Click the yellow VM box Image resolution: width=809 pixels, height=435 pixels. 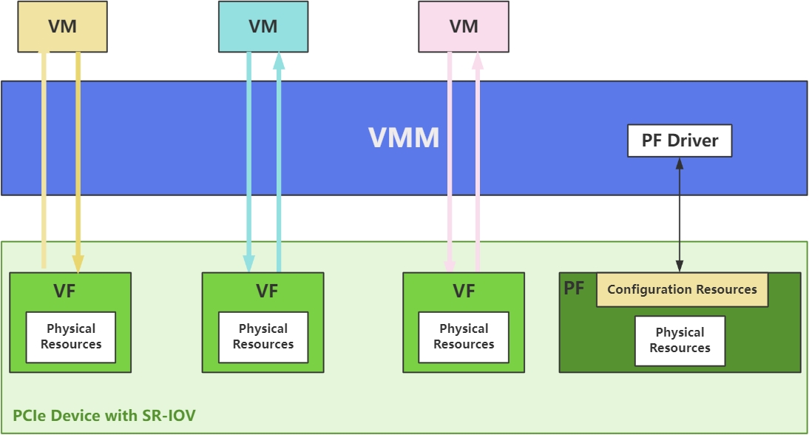tap(62, 27)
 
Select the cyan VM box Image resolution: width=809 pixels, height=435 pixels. tap(263, 27)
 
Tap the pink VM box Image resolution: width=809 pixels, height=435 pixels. tap(464, 27)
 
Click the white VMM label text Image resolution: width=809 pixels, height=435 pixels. tap(404, 138)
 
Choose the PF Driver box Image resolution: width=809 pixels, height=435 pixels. tap(679, 141)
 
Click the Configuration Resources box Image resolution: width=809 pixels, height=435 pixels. tap(682, 289)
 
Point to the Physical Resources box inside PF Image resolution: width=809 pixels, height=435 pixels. tap(680, 340)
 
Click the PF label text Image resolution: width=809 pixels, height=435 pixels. tap(575, 288)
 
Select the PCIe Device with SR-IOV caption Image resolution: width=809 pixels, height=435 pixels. tap(104, 415)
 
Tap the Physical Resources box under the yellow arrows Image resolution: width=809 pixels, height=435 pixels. tap(71, 337)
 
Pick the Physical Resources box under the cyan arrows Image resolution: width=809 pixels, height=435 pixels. tap(263, 337)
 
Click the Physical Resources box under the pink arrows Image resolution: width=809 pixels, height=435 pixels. tap(464, 337)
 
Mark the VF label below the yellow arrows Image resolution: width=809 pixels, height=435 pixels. tap(64, 291)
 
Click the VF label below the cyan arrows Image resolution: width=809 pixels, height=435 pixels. tap(267, 291)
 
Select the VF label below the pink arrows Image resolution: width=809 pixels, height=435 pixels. tap(464, 291)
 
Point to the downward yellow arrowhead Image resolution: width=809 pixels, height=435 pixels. tap(78, 263)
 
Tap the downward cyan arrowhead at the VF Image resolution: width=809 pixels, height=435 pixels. tap(248, 263)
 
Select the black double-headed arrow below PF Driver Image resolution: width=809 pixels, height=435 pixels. tap(679, 215)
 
